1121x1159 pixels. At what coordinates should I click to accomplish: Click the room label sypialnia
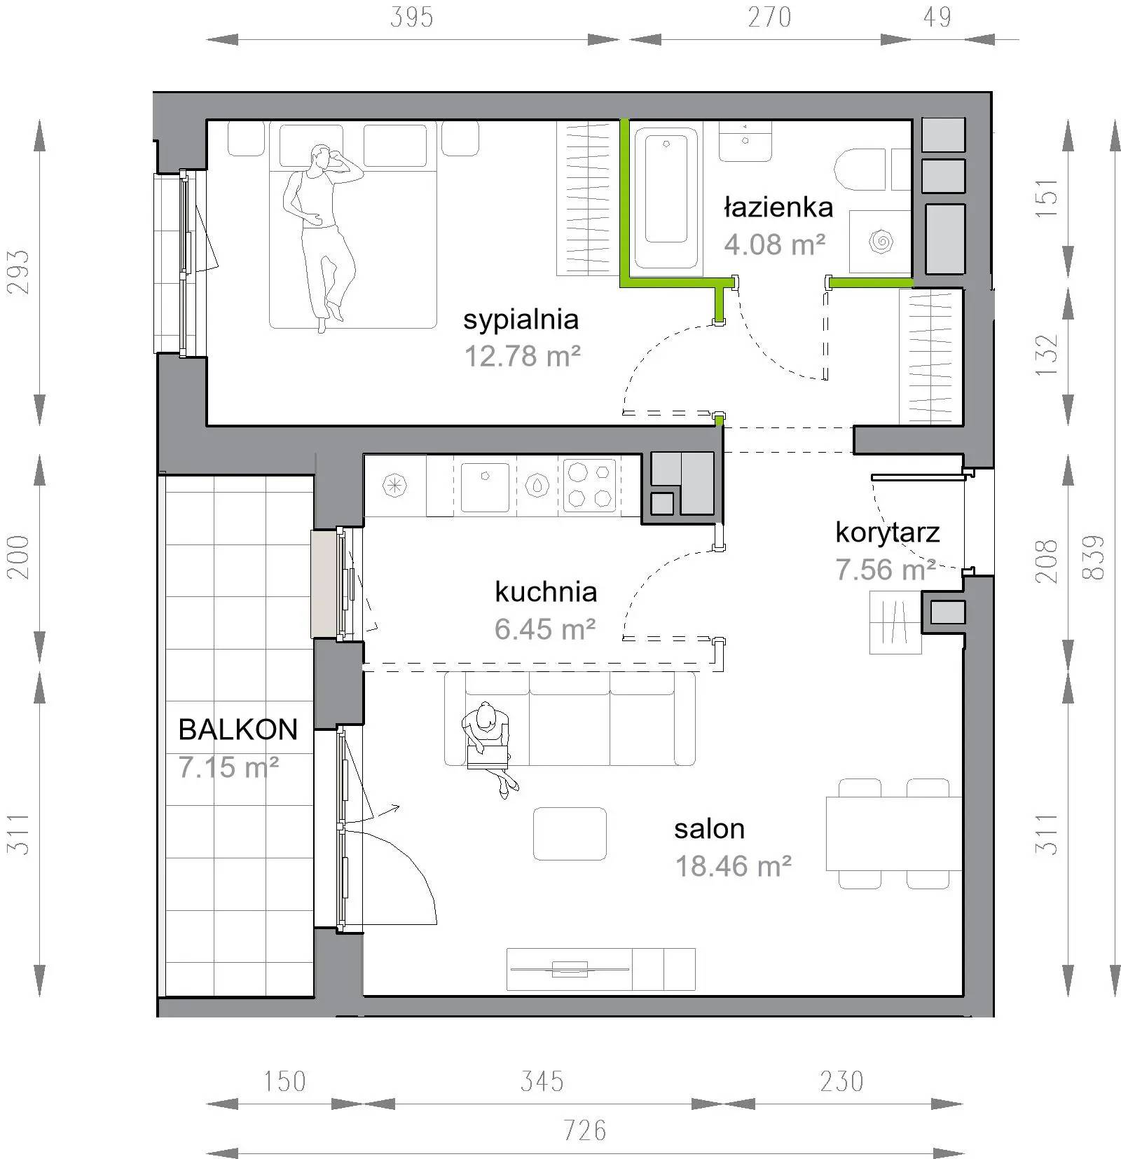click(x=521, y=320)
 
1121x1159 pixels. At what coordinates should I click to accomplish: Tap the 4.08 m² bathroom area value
click(x=775, y=245)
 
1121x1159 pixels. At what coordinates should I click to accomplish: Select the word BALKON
click(x=238, y=729)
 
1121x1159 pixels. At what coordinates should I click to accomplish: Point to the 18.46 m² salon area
click(x=733, y=866)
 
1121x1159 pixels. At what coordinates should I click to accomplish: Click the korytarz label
click(x=887, y=533)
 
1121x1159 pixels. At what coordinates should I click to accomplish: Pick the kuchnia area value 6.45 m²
click(x=545, y=629)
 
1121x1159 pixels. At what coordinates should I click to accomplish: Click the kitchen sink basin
click(x=485, y=486)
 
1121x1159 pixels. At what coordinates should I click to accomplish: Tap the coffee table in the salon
click(x=570, y=834)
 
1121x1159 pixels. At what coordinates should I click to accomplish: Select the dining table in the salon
click(x=894, y=834)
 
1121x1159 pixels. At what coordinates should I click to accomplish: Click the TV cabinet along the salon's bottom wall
click(x=600, y=969)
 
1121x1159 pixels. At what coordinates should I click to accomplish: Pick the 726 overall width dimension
click(x=585, y=1130)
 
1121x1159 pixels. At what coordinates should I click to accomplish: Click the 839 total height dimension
click(x=1093, y=557)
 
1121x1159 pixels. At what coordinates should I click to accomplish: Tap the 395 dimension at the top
click(x=411, y=18)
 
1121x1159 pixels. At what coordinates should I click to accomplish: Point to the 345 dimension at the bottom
click(x=542, y=1081)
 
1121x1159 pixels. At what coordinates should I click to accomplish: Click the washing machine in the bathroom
click(x=880, y=242)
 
